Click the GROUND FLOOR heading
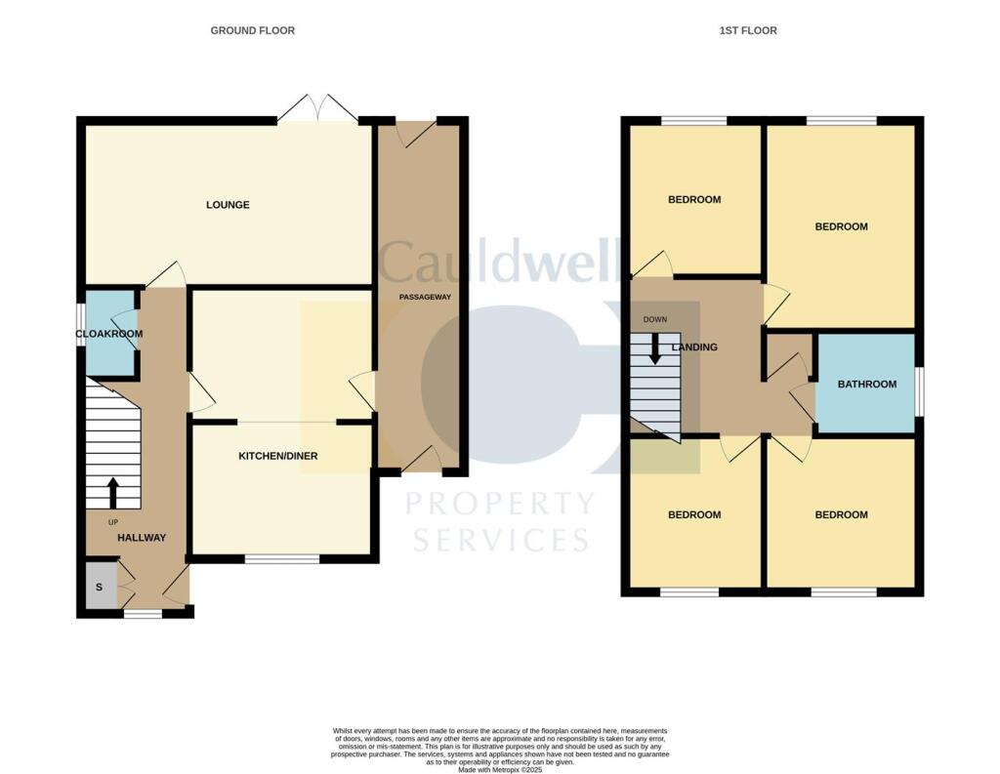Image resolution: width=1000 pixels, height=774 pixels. (x=252, y=31)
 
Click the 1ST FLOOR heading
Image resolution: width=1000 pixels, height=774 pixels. (x=748, y=31)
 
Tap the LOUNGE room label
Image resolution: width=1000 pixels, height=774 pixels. (x=228, y=205)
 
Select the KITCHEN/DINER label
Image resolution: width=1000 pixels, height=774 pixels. (x=279, y=456)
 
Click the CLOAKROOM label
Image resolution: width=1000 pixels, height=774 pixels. (x=109, y=334)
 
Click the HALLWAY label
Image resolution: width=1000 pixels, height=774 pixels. (x=142, y=538)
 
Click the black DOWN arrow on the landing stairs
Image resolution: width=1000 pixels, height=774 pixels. (x=654, y=349)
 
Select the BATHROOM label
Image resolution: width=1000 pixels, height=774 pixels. (x=867, y=384)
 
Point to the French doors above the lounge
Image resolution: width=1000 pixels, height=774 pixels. (x=317, y=108)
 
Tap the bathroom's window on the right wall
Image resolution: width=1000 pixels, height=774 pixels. (x=918, y=385)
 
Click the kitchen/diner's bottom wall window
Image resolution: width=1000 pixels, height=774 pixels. (x=282, y=559)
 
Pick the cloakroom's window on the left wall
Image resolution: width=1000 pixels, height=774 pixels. (x=81, y=333)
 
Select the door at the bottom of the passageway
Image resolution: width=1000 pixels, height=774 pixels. (x=421, y=460)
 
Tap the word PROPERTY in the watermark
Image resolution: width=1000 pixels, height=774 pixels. (x=500, y=504)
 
